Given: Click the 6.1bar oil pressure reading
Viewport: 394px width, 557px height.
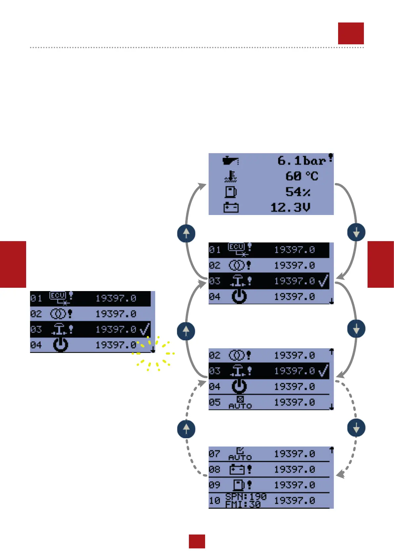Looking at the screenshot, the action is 301,161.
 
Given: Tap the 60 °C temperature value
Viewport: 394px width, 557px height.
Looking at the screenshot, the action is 301,176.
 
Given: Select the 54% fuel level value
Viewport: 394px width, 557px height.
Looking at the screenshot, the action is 298,192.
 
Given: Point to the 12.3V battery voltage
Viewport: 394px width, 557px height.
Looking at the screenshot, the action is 290,207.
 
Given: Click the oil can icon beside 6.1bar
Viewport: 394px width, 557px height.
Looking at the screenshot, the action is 230,161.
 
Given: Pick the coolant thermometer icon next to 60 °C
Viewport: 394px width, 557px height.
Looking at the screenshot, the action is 231,176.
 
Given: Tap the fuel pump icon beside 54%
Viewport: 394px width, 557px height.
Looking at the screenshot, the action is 231,192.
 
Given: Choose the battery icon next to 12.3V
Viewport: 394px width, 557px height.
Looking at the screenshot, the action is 231,207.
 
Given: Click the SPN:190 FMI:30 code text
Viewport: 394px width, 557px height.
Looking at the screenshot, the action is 246,500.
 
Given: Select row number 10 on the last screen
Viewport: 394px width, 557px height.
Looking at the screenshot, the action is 214,500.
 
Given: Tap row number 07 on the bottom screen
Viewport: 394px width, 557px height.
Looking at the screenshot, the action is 214,453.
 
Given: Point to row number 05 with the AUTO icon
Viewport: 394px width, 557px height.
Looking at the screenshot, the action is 214,402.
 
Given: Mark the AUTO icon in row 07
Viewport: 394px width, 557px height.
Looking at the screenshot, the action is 240,454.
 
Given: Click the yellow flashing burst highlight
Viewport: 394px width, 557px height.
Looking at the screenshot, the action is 154,353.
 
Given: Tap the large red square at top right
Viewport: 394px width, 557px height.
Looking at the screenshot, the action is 351,33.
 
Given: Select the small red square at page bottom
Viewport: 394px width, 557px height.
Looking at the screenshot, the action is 197,541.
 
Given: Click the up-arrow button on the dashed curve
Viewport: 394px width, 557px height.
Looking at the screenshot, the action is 186,429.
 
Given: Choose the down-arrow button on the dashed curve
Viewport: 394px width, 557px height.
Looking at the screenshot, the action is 356,428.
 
